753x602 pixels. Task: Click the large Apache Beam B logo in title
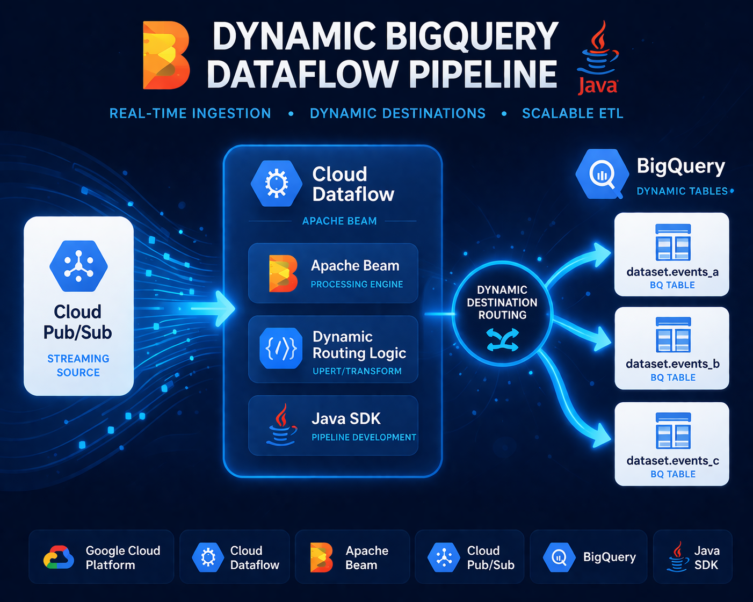[x=165, y=55]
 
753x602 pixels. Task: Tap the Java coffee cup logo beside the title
[x=598, y=57]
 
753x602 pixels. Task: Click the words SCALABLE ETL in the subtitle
[x=573, y=113]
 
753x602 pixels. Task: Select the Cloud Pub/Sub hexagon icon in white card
[x=78, y=266]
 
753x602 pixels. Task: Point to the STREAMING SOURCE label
[x=78, y=365]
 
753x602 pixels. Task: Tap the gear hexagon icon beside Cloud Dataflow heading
[x=277, y=184]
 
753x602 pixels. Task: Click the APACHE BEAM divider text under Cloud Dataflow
[x=339, y=221]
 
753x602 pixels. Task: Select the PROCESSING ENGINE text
[x=357, y=284]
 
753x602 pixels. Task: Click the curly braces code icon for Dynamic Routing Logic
[x=281, y=349]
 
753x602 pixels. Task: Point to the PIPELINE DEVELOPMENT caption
[x=364, y=437]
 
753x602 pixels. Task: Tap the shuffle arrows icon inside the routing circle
[x=502, y=340]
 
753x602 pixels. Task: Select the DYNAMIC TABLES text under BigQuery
[x=682, y=191]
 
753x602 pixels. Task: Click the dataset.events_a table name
[x=672, y=272]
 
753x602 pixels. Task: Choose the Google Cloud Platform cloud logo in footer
[x=59, y=557]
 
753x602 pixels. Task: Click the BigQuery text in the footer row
[x=609, y=557]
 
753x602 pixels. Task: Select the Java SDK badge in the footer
[x=693, y=557]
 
